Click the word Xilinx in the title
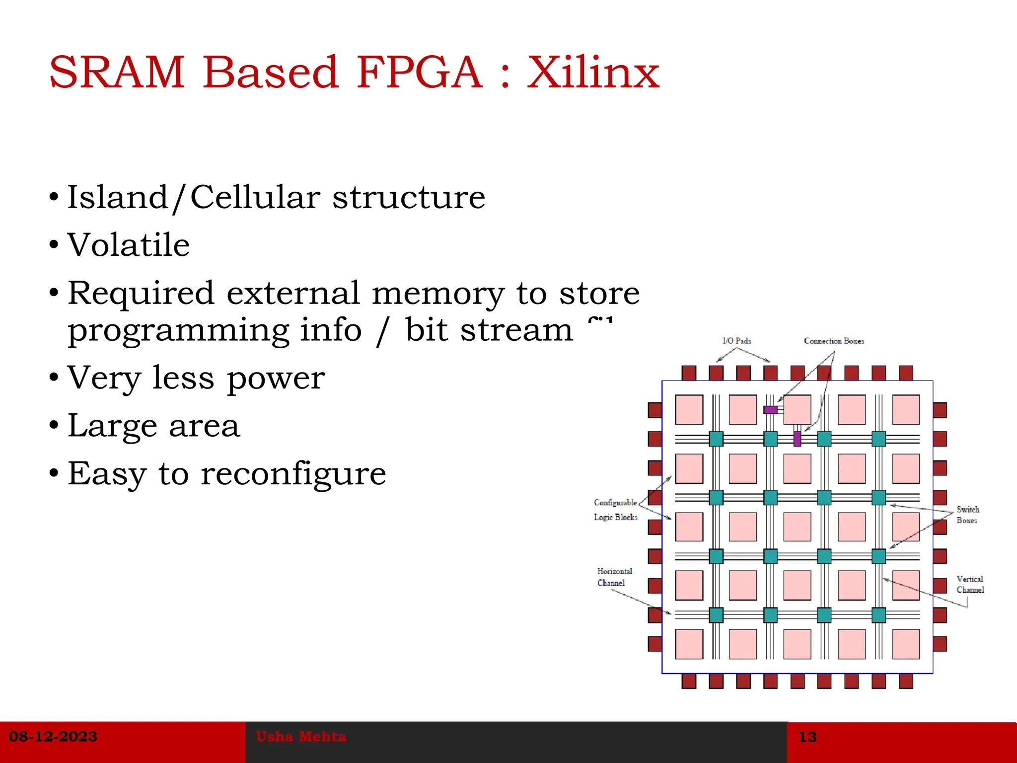(593, 73)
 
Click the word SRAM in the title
(117, 73)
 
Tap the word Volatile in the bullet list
(129, 245)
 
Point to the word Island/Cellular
(193, 198)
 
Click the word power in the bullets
(276, 379)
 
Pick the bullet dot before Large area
(54, 426)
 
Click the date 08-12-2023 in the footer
(53, 736)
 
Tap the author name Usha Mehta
(301, 736)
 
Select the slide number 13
(807, 737)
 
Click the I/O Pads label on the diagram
(736, 341)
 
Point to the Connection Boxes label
(834, 341)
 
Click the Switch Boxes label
(967, 515)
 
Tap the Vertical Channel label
(970, 584)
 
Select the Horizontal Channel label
(614, 577)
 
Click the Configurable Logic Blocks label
(615, 510)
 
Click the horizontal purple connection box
(770, 410)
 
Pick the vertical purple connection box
(797, 439)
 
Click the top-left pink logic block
(689, 410)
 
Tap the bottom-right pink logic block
(906, 644)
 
